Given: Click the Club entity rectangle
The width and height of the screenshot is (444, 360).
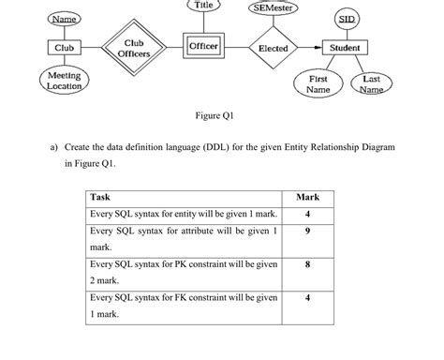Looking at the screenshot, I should [65, 48].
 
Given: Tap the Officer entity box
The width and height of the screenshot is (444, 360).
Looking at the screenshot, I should [203, 47].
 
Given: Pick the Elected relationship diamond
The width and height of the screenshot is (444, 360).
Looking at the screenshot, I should [273, 48].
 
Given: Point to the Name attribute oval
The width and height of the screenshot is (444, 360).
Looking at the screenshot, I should [64, 20].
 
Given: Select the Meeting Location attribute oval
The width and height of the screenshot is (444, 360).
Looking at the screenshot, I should [64, 81].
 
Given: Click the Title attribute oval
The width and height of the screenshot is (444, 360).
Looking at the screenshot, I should [202, 6].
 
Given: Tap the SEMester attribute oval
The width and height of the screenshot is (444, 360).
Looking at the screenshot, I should [274, 8].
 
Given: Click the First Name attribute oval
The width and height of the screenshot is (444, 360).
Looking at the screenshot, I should [318, 84].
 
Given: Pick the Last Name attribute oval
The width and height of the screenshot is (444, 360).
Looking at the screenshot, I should [371, 84].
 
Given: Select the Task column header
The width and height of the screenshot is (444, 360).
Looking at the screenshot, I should [100, 198].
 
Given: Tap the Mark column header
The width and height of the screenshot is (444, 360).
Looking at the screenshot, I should [307, 198].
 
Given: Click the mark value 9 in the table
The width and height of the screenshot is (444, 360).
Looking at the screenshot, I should [307, 232].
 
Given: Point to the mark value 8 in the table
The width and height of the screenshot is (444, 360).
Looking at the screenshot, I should [307, 265].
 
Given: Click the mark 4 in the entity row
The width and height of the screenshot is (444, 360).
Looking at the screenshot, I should [307, 215].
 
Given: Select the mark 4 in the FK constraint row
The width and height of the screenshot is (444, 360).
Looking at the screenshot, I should [307, 299].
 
